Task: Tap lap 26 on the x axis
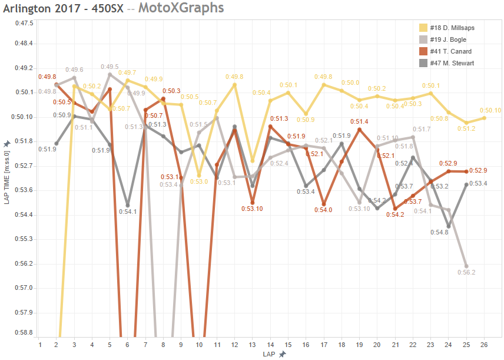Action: tap(484, 344)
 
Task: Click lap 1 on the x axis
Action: tap(39, 344)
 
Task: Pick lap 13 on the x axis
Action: tap(253, 344)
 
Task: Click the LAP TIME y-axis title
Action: tap(7, 177)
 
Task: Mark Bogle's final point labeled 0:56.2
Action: tap(466, 266)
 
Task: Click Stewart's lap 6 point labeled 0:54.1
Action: tap(128, 205)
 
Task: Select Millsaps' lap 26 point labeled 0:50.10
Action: tap(484, 118)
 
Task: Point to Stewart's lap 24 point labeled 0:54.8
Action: tap(449, 226)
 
